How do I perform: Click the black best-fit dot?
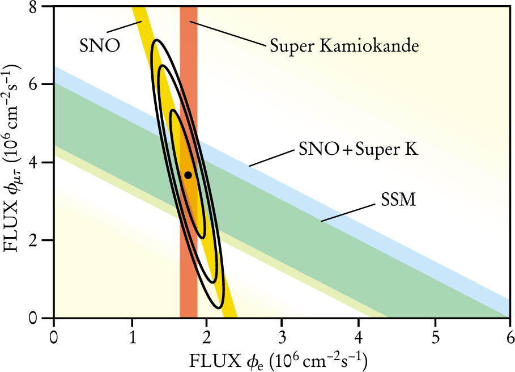click(x=188, y=175)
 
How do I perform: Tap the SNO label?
click(x=99, y=45)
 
